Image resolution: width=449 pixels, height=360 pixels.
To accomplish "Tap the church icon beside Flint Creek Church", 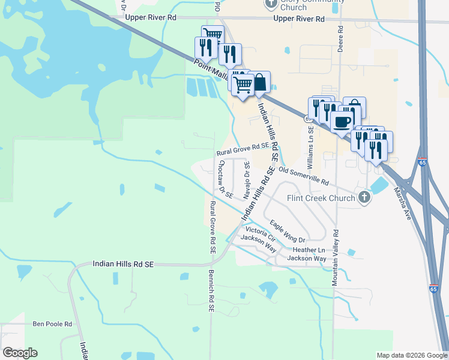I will tap(364, 198).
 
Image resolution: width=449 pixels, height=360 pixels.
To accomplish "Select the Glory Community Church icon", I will tap(270, 4).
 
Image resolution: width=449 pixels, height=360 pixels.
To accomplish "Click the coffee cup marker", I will tap(342, 122).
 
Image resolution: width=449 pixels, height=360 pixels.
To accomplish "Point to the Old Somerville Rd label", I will tap(304, 176).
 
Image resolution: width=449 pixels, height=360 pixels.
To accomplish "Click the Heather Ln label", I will tap(309, 250).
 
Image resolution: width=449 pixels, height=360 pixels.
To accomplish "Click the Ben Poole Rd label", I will tap(52, 324).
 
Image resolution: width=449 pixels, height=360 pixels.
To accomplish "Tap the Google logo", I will tap(20, 353).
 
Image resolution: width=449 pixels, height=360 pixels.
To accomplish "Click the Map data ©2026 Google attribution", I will tap(411, 355).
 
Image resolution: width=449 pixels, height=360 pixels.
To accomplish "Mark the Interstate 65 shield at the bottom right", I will tap(433, 289).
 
